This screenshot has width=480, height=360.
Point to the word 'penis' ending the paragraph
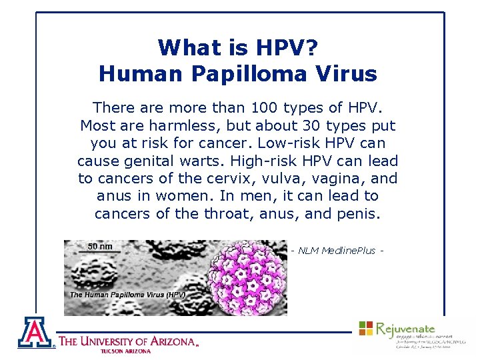point(362,214)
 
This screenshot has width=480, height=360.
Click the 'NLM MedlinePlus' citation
point(339,251)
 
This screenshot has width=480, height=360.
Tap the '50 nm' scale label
point(101,247)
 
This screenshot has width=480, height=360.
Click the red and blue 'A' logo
point(36,332)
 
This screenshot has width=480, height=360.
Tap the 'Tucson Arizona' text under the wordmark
point(125,351)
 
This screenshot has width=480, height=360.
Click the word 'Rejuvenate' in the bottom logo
point(405,328)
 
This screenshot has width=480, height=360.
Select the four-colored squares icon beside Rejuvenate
point(366,328)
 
